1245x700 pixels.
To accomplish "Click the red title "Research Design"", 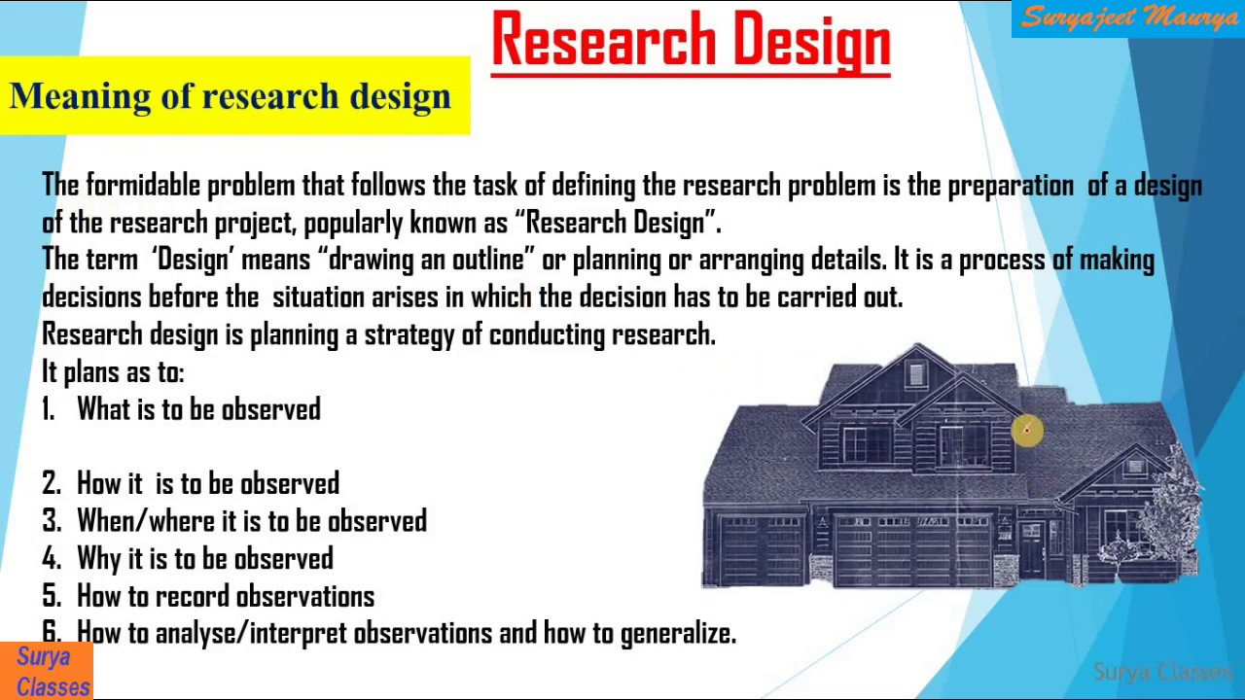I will tap(691, 43).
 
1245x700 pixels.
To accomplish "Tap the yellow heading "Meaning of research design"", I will tap(231, 96).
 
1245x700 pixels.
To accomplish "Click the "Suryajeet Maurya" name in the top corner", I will tap(1128, 18).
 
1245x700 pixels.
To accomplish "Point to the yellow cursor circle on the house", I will tap(1026, 430).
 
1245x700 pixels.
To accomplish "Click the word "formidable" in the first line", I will tap(145, 185).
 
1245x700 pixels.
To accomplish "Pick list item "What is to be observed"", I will tap(198, 409).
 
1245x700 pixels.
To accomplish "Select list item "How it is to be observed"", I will tap(207, 483).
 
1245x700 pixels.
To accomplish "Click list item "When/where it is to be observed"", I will tap(251, 521).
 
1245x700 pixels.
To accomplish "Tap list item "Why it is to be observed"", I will tap(204, 558).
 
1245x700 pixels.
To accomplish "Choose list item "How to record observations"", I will tap(225, 595).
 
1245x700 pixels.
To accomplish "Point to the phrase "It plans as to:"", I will tap(113, 371).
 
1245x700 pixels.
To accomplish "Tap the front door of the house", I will tap(1032, 549).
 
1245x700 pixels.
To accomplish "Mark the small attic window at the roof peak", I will tap(915, 374).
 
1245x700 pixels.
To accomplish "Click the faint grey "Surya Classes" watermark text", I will tap(1162, 672).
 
